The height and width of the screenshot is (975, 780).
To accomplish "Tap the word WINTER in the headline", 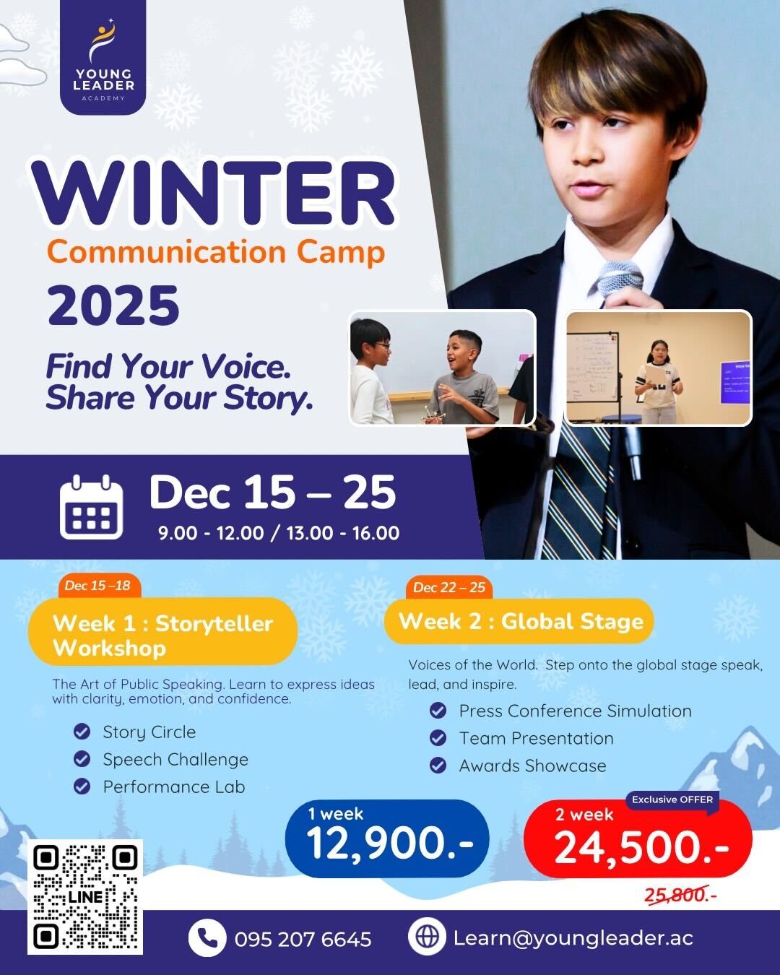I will (213, 194).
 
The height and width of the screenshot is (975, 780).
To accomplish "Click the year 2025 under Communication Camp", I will (113, 305).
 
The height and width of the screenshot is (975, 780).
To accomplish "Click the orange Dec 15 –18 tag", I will (98, 586).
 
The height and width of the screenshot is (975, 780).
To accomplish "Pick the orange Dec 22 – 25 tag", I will (448, 587).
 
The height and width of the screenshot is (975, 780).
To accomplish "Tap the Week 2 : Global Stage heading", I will (520, 621).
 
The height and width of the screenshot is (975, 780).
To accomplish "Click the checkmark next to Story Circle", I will (82, 732).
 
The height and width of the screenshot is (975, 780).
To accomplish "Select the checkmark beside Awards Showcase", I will (438, 766).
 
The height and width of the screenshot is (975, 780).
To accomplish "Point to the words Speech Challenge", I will (175, 759).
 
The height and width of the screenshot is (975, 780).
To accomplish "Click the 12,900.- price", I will (389, 844).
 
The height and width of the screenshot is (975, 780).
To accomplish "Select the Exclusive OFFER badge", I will (672, 799).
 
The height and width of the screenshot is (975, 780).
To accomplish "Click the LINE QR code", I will (85, 896).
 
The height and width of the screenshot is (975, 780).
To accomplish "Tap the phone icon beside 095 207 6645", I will (207, 938).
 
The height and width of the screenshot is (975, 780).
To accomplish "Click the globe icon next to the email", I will (427, 937).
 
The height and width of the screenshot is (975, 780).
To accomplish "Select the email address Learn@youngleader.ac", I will (573, 937).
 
